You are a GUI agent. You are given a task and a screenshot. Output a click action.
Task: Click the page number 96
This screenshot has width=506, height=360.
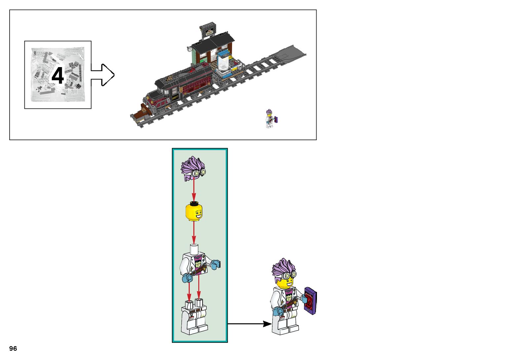[13, 348]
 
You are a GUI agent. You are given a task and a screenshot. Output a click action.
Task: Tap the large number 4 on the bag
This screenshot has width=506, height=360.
[58, 76]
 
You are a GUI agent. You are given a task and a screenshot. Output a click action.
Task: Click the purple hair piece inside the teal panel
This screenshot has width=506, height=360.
[193, 169]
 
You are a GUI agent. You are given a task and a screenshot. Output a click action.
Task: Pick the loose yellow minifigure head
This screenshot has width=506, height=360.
[194, 212]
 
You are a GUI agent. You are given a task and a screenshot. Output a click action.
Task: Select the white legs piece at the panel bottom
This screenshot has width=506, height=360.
[194, 317]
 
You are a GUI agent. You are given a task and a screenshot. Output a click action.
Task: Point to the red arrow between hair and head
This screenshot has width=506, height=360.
[194, 190]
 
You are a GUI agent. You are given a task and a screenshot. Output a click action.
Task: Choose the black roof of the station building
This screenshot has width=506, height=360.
[213, 43]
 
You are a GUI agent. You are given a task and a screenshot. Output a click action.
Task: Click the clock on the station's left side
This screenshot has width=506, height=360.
[190, 49]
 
